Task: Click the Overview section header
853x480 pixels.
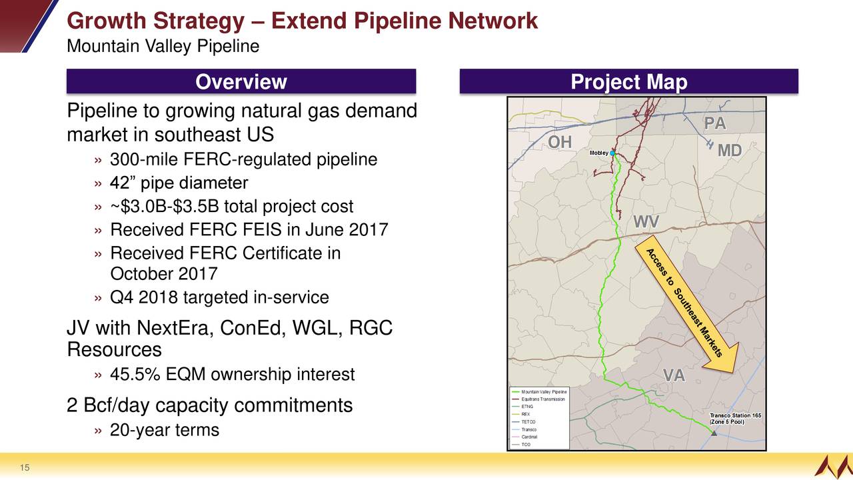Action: click(241, 81)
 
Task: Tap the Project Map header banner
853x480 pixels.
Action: click(628, 81)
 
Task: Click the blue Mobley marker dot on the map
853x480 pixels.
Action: click(612, 153)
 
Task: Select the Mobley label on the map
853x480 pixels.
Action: click(598, 153)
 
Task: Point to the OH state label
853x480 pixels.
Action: click(560, 143)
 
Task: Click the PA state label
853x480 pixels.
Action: click(715, 123)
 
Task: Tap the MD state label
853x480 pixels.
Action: click(730, 151)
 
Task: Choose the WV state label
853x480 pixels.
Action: click(646, 222)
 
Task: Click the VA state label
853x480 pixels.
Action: click(674, 375)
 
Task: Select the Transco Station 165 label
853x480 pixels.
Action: click(735, 419)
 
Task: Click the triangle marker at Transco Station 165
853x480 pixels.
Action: click(714, 433)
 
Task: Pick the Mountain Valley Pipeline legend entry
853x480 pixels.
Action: click(539, 391)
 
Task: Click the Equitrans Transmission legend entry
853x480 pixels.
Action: click(538, 399)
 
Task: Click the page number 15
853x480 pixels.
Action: click(25, 468)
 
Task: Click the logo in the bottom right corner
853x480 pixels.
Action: click(833, 467)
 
